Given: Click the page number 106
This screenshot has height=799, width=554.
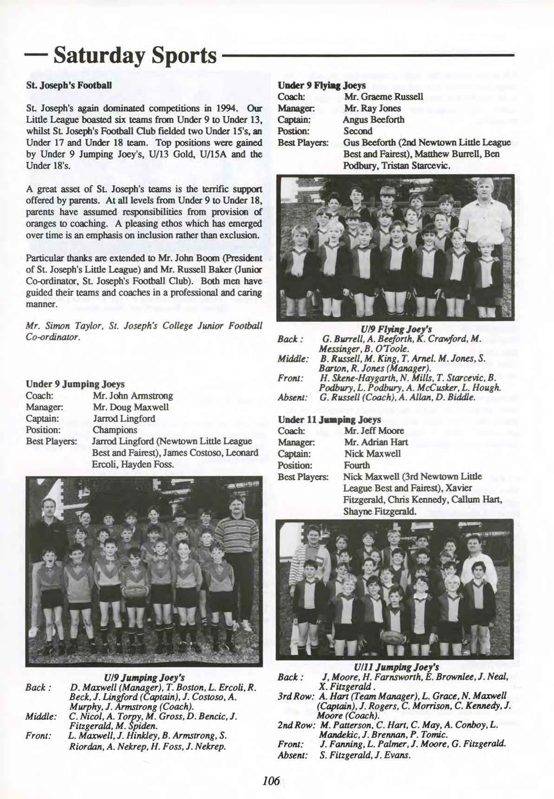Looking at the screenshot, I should click(x=271, y=781).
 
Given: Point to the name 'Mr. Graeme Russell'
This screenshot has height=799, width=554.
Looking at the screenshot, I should click(x=383, y=97).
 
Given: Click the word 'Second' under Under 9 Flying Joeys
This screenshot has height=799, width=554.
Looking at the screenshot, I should click(x=358, y=131).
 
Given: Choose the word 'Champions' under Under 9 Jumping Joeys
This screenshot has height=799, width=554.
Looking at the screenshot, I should click(x=115, y=430).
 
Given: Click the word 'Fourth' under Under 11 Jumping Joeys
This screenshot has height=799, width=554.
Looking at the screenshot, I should click(x=357, y=465).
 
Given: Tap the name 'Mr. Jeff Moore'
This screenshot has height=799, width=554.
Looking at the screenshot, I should click(x=374, y=431).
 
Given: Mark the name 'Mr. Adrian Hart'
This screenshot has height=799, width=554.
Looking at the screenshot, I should click(x=376, y=442).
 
